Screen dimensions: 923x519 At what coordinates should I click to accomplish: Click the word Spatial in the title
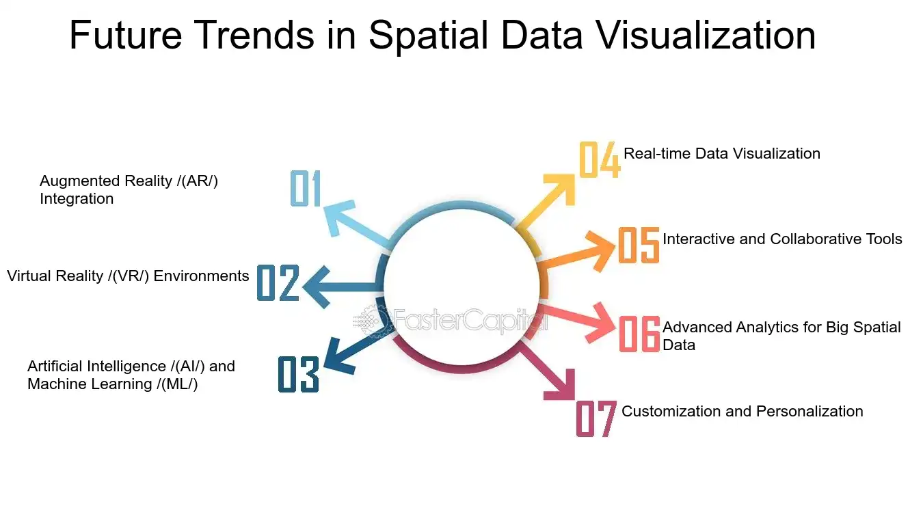[x=429, y=36]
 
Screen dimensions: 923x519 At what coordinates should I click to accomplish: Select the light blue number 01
[x=306, y=188]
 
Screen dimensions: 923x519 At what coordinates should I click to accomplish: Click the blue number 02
[x=278, y=283]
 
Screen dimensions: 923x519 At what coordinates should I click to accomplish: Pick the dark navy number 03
[x=299, y=374]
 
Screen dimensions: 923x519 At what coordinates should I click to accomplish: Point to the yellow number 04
[x=600, y=159]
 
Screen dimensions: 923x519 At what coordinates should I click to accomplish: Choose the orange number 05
[x=639, y=245]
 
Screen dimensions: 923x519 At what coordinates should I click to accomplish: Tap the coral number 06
[x=639, y=334]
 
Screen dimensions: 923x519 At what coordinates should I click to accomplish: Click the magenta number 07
[x=596, y=418]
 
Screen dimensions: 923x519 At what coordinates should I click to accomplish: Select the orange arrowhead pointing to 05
[x=602, y=251]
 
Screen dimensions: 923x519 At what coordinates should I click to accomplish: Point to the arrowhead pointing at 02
[x=317, y=287]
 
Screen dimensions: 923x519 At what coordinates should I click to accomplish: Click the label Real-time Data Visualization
[x=722, y=154]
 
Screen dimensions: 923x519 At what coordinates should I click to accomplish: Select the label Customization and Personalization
[x=743, y=412]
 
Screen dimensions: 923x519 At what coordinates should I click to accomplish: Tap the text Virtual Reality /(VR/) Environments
[x=128, y=276]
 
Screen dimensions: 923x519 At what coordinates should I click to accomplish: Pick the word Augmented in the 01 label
[x=81, y=181]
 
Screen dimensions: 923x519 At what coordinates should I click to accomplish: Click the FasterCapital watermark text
[x=470, y=320]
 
